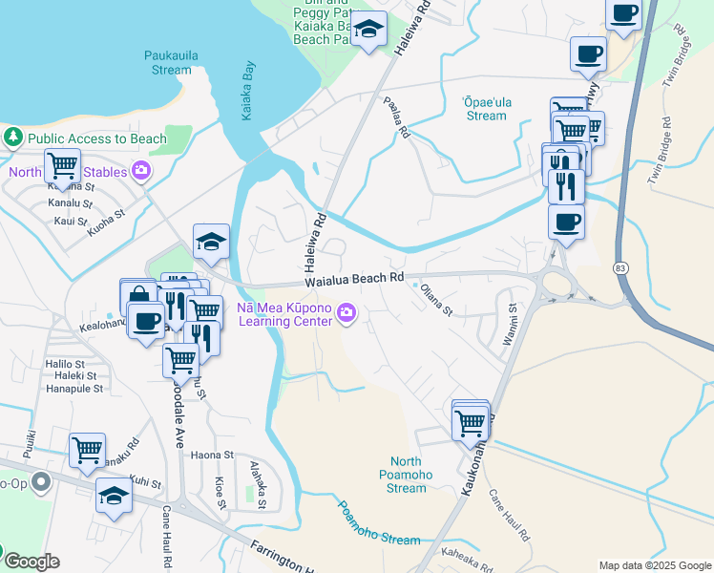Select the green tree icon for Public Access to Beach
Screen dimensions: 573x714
point(14,138)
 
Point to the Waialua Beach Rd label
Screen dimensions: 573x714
point(355,280)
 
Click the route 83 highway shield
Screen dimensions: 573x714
point(620,268)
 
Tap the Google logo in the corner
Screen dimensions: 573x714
point(31,562)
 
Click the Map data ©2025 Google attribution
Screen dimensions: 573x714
point(655,565)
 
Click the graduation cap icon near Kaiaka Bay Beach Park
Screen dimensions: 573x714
point(367,29)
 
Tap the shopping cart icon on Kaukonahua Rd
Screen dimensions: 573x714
point(470,421)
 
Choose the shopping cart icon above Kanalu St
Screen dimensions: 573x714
point(62,164)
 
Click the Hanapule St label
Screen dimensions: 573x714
point(74,389)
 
